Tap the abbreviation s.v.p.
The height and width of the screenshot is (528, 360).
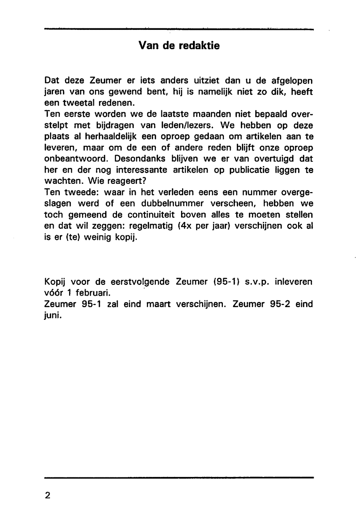(257, 282)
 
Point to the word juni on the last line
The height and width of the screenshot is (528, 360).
(53, 315)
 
